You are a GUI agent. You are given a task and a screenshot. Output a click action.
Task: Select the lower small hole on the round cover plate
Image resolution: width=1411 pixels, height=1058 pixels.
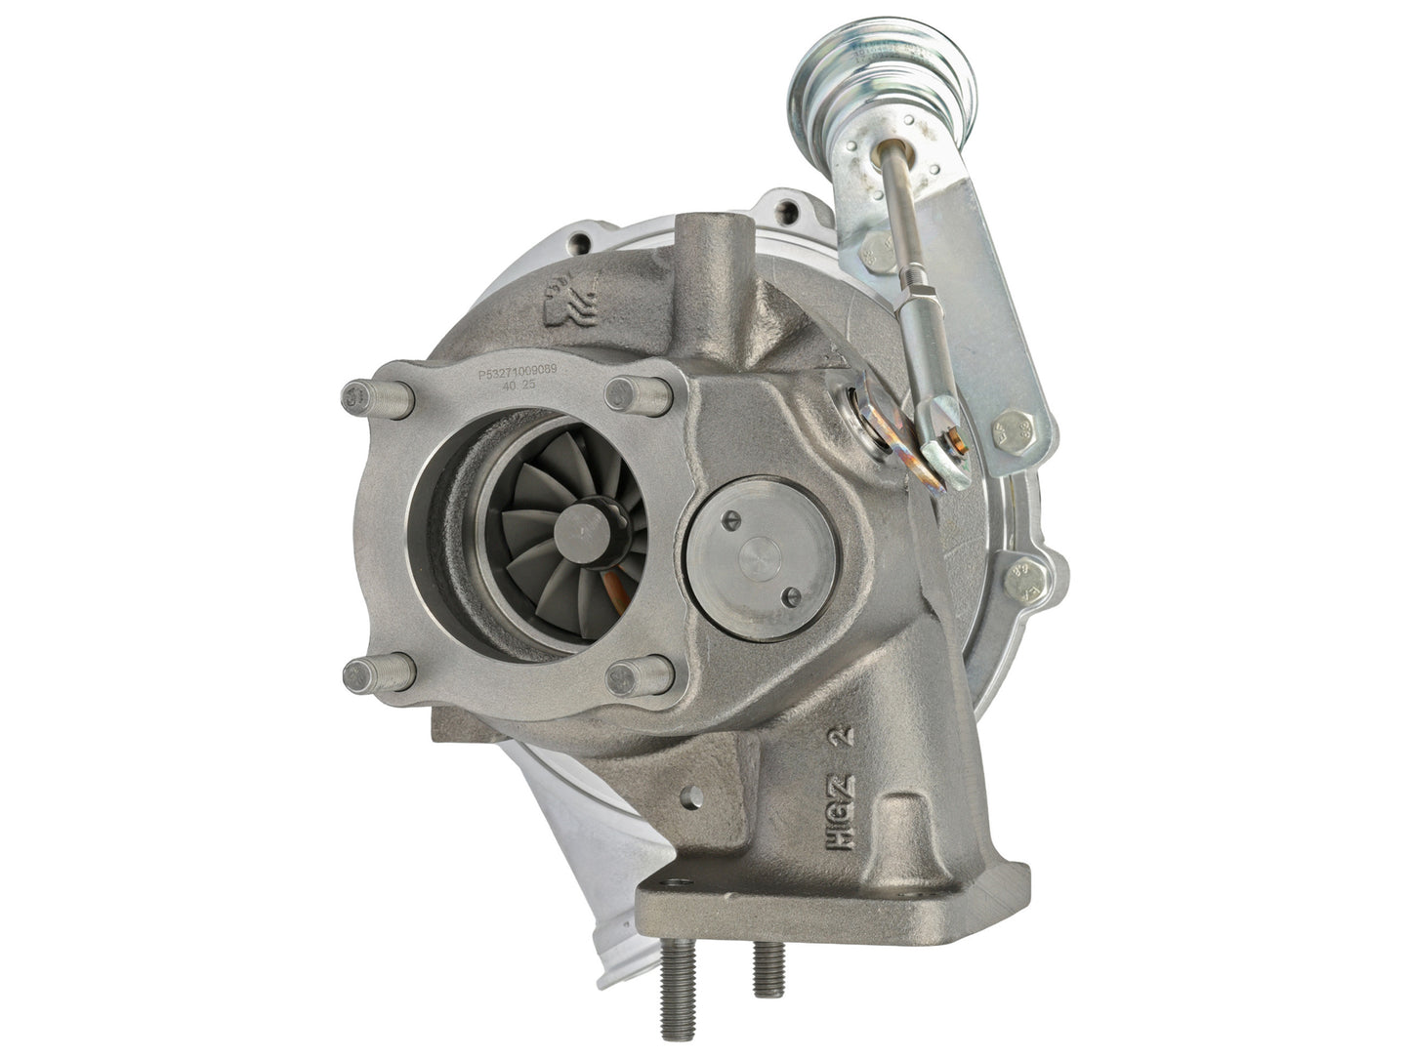(793, 596)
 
